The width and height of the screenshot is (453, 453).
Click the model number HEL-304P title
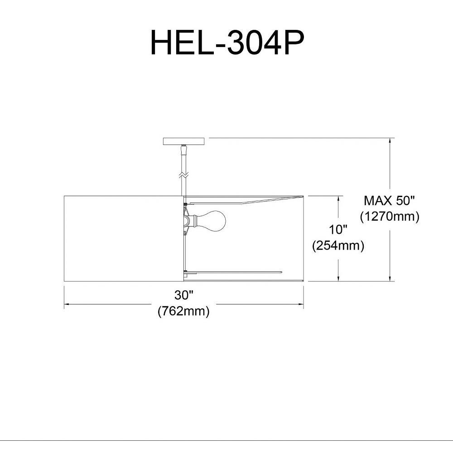227,43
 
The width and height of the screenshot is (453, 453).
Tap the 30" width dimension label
183,295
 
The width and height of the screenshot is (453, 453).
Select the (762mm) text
183,311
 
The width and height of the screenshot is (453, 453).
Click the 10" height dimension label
338,230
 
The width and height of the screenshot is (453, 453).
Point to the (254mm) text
338,246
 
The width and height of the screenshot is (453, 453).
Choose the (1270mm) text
390,217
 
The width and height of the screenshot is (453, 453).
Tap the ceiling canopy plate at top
184,141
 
